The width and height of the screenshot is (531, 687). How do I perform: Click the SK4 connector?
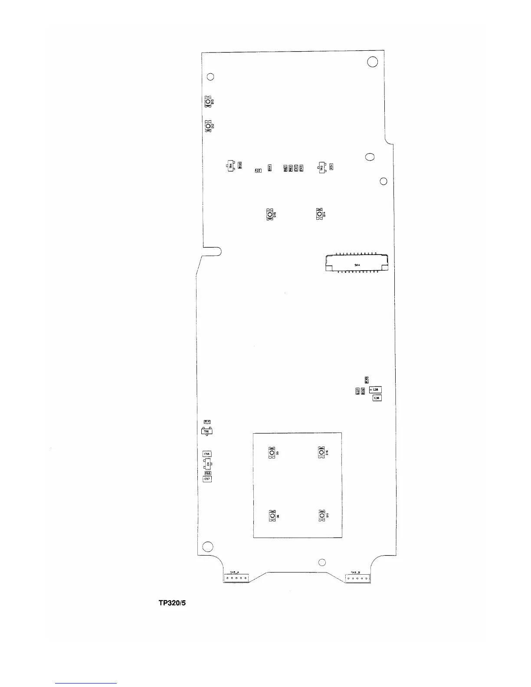tap(356, 263)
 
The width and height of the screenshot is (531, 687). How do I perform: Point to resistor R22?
tap(258, 171)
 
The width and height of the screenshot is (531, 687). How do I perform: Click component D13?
tap(208, 102)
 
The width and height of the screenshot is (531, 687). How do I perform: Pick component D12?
tap(208, 126)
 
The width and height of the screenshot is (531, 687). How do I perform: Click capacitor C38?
tap(375, 390)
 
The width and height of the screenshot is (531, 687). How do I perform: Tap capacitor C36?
tap(377, 398)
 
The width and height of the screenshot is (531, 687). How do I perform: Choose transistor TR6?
tap(206, 432)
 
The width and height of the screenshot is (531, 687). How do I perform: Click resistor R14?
tap(207, 422)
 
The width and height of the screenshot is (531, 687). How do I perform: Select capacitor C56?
tap(207, 454)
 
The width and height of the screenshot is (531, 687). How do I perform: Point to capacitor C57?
tap(207, 479)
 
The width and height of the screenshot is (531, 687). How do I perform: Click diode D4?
tap(208, 464)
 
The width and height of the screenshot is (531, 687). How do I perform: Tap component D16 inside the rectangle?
tap(321, 453)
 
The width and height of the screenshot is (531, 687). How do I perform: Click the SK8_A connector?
tap(236, 578)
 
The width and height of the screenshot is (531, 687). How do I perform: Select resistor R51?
tap(331, 166)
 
